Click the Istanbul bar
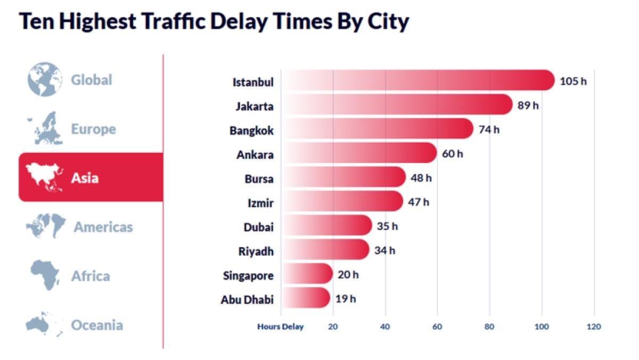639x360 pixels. (417, 80)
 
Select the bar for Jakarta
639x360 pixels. (396, 105)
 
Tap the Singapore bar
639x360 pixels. (306, 274)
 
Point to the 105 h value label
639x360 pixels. (573, 81)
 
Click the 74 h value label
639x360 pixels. (489, 129)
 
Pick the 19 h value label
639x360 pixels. (346, 298)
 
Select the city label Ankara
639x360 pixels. (255, 154)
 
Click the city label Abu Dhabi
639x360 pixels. (247, 300)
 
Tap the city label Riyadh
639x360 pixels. (256, 251)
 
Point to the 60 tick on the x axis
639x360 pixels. (437, 326)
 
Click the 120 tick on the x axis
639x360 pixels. (594, 326)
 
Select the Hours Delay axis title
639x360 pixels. (280, 326)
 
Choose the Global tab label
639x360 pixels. (92, 80)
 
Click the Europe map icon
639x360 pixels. (45, 128)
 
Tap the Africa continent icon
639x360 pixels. (45, 275)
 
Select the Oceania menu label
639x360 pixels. (97, 325)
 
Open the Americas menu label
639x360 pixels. (103, 227)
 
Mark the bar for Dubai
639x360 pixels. (326, 226)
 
